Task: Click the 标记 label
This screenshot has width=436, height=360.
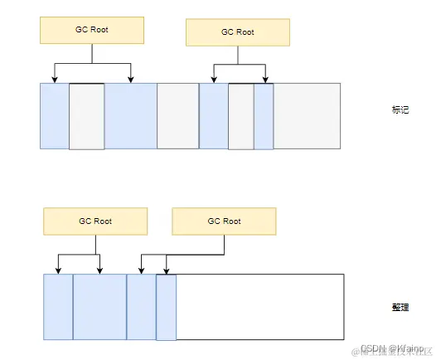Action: tap(400, 110)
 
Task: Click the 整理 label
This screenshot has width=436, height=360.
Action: tap(400, 306)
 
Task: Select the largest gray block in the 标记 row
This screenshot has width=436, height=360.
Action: tap(307, 116)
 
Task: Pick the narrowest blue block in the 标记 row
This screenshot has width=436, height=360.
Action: tap(264, 116)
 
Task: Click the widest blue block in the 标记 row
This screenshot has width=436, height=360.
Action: tap(131, 116)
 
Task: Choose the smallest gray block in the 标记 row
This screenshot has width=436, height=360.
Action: tap(240, 116)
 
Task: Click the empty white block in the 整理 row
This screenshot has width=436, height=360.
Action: tap(260, 306)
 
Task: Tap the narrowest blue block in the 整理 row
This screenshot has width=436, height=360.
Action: tap(166, 306)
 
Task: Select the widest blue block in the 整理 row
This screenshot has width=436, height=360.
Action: tap(99, 306)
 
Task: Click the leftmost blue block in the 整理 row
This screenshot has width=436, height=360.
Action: tap(58, 306)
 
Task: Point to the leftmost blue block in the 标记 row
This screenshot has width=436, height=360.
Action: tap(54, 116)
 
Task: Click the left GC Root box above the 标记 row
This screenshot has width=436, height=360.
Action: tap(91, 31)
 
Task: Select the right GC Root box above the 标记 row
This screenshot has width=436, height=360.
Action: tap(238, 32)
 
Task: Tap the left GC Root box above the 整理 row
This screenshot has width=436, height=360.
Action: tap(95, 221)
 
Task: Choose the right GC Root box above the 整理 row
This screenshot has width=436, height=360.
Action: tap(224, 221)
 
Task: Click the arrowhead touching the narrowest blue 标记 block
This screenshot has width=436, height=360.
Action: tap(265, 80)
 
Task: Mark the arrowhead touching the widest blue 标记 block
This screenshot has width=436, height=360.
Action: tap(131, 80)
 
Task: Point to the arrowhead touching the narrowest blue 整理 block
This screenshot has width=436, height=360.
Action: tap(167, 270)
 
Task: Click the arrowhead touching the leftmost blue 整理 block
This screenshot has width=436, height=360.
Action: tap(58, 270)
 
